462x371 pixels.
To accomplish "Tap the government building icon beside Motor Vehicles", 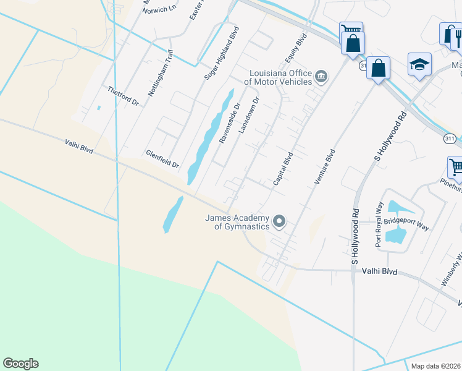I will point(321,77).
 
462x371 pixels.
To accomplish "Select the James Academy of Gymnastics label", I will point(238,222).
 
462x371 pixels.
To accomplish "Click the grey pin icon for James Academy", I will point(279,221).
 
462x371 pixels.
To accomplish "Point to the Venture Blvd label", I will point(325,166).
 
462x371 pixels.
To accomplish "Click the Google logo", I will point(20,364).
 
